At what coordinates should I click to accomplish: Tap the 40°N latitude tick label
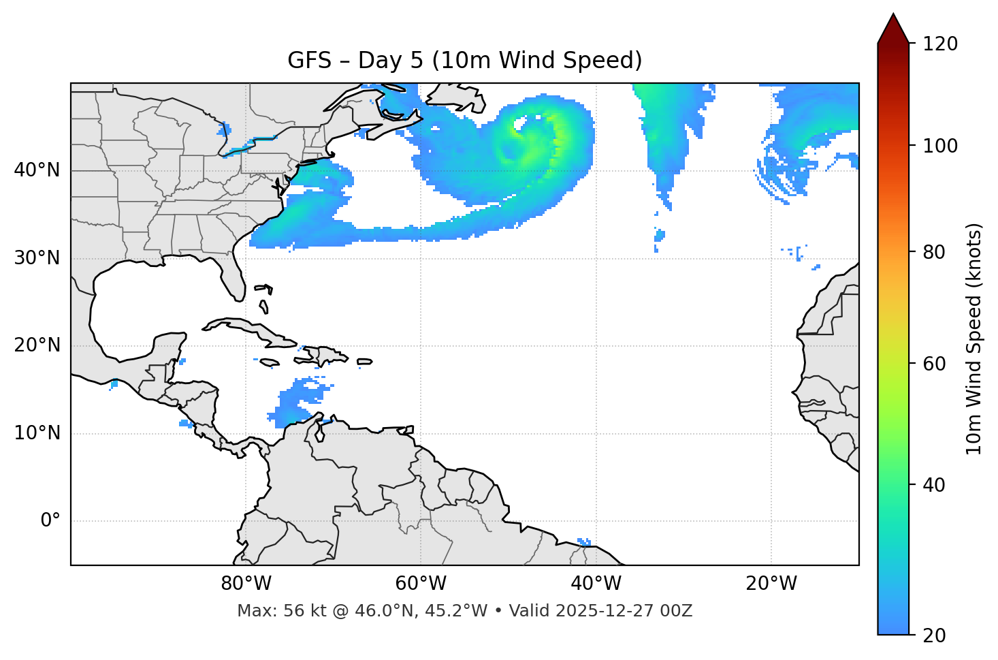(37, 170)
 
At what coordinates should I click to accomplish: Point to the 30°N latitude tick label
(37, 258)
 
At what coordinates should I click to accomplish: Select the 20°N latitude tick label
(37, 345)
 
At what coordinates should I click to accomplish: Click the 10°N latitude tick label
(37, 433)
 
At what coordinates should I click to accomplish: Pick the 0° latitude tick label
(50, 521)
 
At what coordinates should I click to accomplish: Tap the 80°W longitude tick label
(246, 584)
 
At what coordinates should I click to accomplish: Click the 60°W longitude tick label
(421, 584)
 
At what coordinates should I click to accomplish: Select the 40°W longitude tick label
(596, 584)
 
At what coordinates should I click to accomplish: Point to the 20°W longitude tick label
(771, 584)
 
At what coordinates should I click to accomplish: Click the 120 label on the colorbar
(940, 44)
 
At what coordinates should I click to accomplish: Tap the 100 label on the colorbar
(940, 146)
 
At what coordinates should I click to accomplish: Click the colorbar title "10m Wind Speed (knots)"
(974, 339)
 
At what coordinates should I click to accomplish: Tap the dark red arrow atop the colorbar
(893, 29)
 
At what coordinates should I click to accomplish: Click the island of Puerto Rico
(364, 362)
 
